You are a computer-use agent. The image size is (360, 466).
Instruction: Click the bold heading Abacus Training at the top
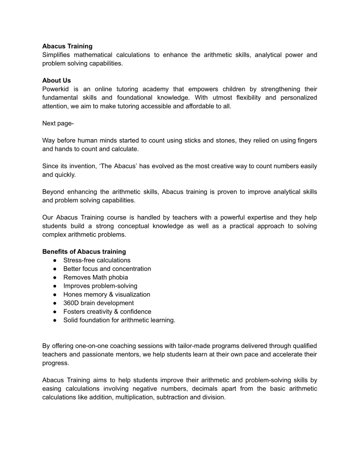point(67,46)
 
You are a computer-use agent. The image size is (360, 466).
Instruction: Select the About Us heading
point(56,80)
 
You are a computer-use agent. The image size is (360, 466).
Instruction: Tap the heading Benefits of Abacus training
point(84,251)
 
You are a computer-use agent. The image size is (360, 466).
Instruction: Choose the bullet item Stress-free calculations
point(97,260)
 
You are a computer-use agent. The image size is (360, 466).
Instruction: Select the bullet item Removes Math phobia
point(95,277)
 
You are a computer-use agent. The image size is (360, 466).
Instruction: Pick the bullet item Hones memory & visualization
point(106,294)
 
